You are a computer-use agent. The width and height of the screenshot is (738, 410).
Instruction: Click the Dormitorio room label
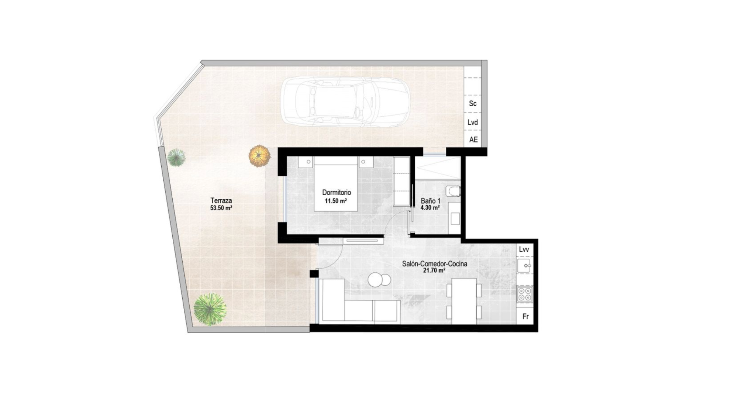(337, 192)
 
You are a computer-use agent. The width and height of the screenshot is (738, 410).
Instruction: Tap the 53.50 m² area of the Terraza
(221, 208)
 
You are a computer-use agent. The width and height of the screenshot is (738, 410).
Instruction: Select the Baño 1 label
(431, 201)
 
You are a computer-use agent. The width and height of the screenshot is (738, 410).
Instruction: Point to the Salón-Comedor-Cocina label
(435, 264)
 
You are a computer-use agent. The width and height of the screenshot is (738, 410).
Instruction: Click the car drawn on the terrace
(345, 101)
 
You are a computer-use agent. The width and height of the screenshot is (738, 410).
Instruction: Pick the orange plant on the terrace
(260, 156)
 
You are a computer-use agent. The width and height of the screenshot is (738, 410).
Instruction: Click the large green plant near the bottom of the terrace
(210, 309)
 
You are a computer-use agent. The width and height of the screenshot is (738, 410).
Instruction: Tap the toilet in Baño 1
(453, 191)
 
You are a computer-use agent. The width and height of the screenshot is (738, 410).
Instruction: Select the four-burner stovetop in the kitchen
(525, 294)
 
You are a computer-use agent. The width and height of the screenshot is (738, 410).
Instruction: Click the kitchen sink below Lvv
(524, 265)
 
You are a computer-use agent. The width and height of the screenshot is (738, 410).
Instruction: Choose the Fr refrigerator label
(525, 317)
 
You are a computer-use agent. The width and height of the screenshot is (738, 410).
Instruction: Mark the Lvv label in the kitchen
(524, 249)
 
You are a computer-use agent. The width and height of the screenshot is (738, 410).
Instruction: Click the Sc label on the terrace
(473, 104)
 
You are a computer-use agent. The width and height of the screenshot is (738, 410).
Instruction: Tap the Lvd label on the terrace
(473, 122)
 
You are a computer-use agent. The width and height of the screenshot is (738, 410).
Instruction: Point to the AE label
(473, 139)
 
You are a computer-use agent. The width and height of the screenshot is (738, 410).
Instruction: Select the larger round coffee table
(375, 280)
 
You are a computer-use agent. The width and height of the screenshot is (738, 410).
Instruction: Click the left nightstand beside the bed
(306, 162)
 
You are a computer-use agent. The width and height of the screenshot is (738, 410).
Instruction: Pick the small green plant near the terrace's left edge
(176, 158)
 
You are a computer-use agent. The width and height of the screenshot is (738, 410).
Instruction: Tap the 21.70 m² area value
(434, 271)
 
